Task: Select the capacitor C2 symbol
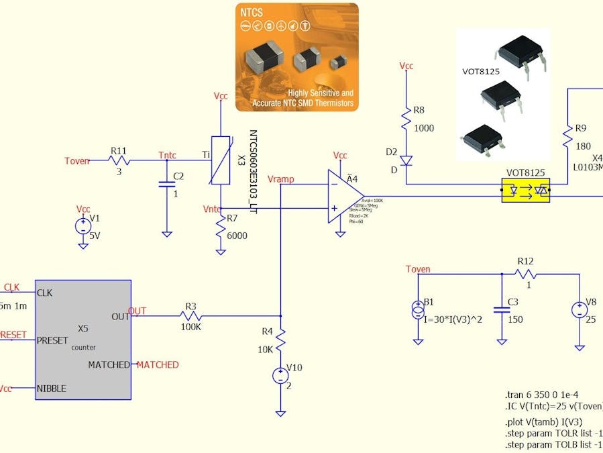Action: pyautogui.click(x=166, y=183)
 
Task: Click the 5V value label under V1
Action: pyautogui.click(x=95, y=236)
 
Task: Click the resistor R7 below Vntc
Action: pyautogui.click(x=220, y=228)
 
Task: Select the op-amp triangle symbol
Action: pyautogui.click(x=343, y=196)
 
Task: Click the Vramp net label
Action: pyautogui.click(x=280, y=179)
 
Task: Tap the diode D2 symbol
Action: pyautogui.click(x=406, y=161)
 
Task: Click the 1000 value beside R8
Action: pyautogui.click(x=424, y=128)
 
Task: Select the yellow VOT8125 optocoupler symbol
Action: pyautogui.click(x=526, y=191)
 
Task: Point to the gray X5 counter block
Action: pyautogui.click(x=83, y=339)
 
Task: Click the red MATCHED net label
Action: pyautogui.click(x=158, y=364)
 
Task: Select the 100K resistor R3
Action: pyautogui.click(x=191, y=316)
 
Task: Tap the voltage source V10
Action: pyautogui.click(x=280, y=376)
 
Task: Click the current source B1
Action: pyautogui.click(x=417, y=309)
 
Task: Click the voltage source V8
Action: pyautogui.click(x=578, y=310)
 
